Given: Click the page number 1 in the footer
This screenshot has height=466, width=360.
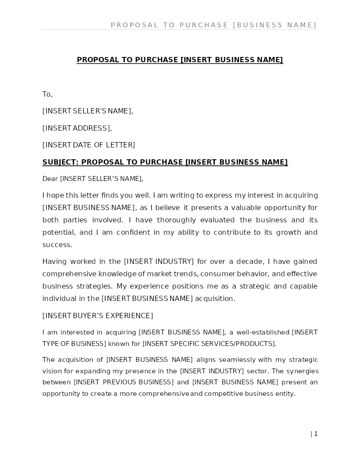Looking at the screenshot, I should pos(316,434).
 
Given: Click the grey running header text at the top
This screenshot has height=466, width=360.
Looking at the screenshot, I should pos(214,25).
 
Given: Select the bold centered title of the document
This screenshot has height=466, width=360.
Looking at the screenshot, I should pos(180,60).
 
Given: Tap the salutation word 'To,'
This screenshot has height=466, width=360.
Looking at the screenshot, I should pos(47,94).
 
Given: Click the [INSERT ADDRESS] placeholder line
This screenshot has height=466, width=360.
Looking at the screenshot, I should pos(77,128).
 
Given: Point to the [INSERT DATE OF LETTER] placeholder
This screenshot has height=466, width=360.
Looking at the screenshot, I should pos(89,145).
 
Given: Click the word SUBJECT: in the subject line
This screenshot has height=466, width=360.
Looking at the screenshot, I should pos(60,162).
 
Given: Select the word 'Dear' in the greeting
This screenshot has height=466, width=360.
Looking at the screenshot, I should pos(50,179).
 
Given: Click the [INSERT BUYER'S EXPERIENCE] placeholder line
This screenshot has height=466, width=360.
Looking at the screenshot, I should pos(97,316).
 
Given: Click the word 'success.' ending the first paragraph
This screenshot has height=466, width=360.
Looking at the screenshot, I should pos(57,245).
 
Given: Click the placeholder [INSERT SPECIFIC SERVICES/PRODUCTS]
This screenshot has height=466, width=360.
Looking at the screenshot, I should pos(209,344).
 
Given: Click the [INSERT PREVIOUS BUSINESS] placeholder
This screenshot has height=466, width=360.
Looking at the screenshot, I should pos(124,382).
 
